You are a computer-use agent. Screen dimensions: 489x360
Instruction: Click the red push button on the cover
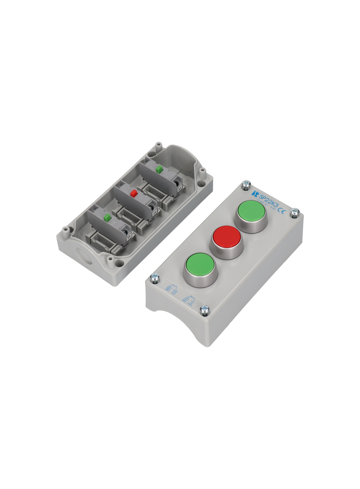226,237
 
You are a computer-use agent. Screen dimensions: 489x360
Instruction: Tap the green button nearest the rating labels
199,265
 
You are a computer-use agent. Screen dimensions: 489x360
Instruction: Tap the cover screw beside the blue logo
246,184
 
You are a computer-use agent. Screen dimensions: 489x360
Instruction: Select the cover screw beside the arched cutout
204,311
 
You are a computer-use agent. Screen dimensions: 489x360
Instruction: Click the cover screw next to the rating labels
154,278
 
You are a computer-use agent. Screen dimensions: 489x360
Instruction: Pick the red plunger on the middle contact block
134,194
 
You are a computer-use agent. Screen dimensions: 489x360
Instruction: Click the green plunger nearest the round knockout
107,217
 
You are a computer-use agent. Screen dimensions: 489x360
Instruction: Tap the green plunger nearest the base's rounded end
159,169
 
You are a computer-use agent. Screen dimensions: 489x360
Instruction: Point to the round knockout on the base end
83,255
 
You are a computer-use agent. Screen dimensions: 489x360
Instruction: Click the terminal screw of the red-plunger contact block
153,211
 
